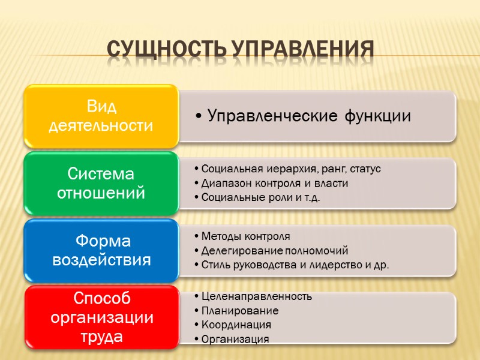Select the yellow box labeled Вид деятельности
tap(101, 116)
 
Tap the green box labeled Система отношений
tap(101, 184)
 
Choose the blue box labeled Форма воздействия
tap(101, 250)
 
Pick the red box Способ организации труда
tap(101, 317)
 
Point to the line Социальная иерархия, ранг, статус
tap(291, 169)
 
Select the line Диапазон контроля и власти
tap(275, 183)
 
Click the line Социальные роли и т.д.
tap(260, 198)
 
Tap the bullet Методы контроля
tap(245, 236)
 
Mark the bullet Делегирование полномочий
tap(274, 250)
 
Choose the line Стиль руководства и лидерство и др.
tap(295, 265)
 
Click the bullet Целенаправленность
tap(256, 296)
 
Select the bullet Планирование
tap(240, 311)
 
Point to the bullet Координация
tap(236, 325)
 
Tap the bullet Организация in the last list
tap(235, 339)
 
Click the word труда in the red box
tap(101, 337)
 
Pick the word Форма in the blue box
tap(101, 241)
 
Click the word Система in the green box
tap(101, 174)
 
